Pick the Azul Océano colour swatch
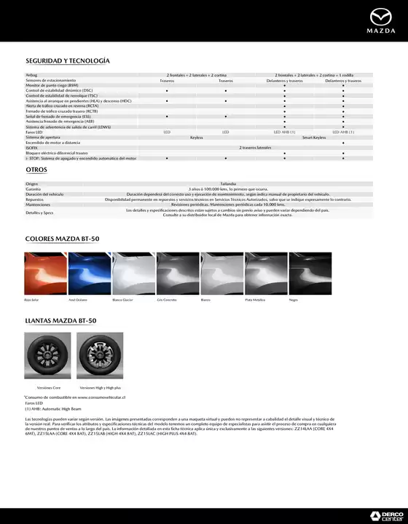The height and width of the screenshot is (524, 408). pyautogui.click(x=89, y=272)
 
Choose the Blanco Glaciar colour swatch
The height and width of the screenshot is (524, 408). pyautogui.click(x=133, y=272)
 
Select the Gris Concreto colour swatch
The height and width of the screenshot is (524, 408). pyautogui.click(x=178, y=272)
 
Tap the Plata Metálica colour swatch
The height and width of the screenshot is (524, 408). pyautogui.click(x=266, y=272)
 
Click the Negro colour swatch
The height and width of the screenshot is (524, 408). pyautogui.click(x=310, y=272)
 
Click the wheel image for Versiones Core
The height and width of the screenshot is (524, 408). pyautogui.click(x=48, y=357)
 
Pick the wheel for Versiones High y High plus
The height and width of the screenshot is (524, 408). pyautogui.click(x=99, y=357)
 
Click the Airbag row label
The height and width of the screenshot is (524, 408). pyautogui.click(x=31, y=75)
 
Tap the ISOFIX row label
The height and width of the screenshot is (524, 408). pyautogui.click(x=32, y=147)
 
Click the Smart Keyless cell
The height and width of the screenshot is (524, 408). pyautogui.click(x=314, y=137)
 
